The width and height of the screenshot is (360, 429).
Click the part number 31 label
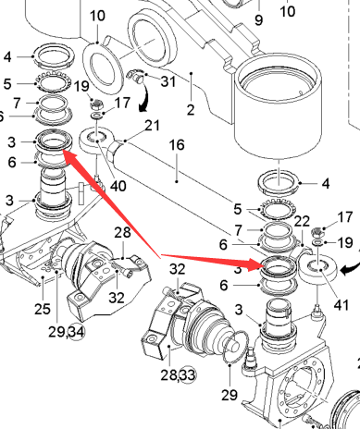point(168,81)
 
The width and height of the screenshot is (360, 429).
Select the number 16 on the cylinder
point(177,145)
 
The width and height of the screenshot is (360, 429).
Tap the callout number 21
point(153,126)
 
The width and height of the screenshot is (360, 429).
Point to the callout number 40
point(118,186)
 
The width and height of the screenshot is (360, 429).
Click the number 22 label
point(302,221)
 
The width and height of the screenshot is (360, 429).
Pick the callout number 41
point(341,305)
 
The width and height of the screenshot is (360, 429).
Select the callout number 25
point(43,309)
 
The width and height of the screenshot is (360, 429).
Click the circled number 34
point(76,332)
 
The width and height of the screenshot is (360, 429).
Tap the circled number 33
point(188,375)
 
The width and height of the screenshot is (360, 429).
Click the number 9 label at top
point(259,20)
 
